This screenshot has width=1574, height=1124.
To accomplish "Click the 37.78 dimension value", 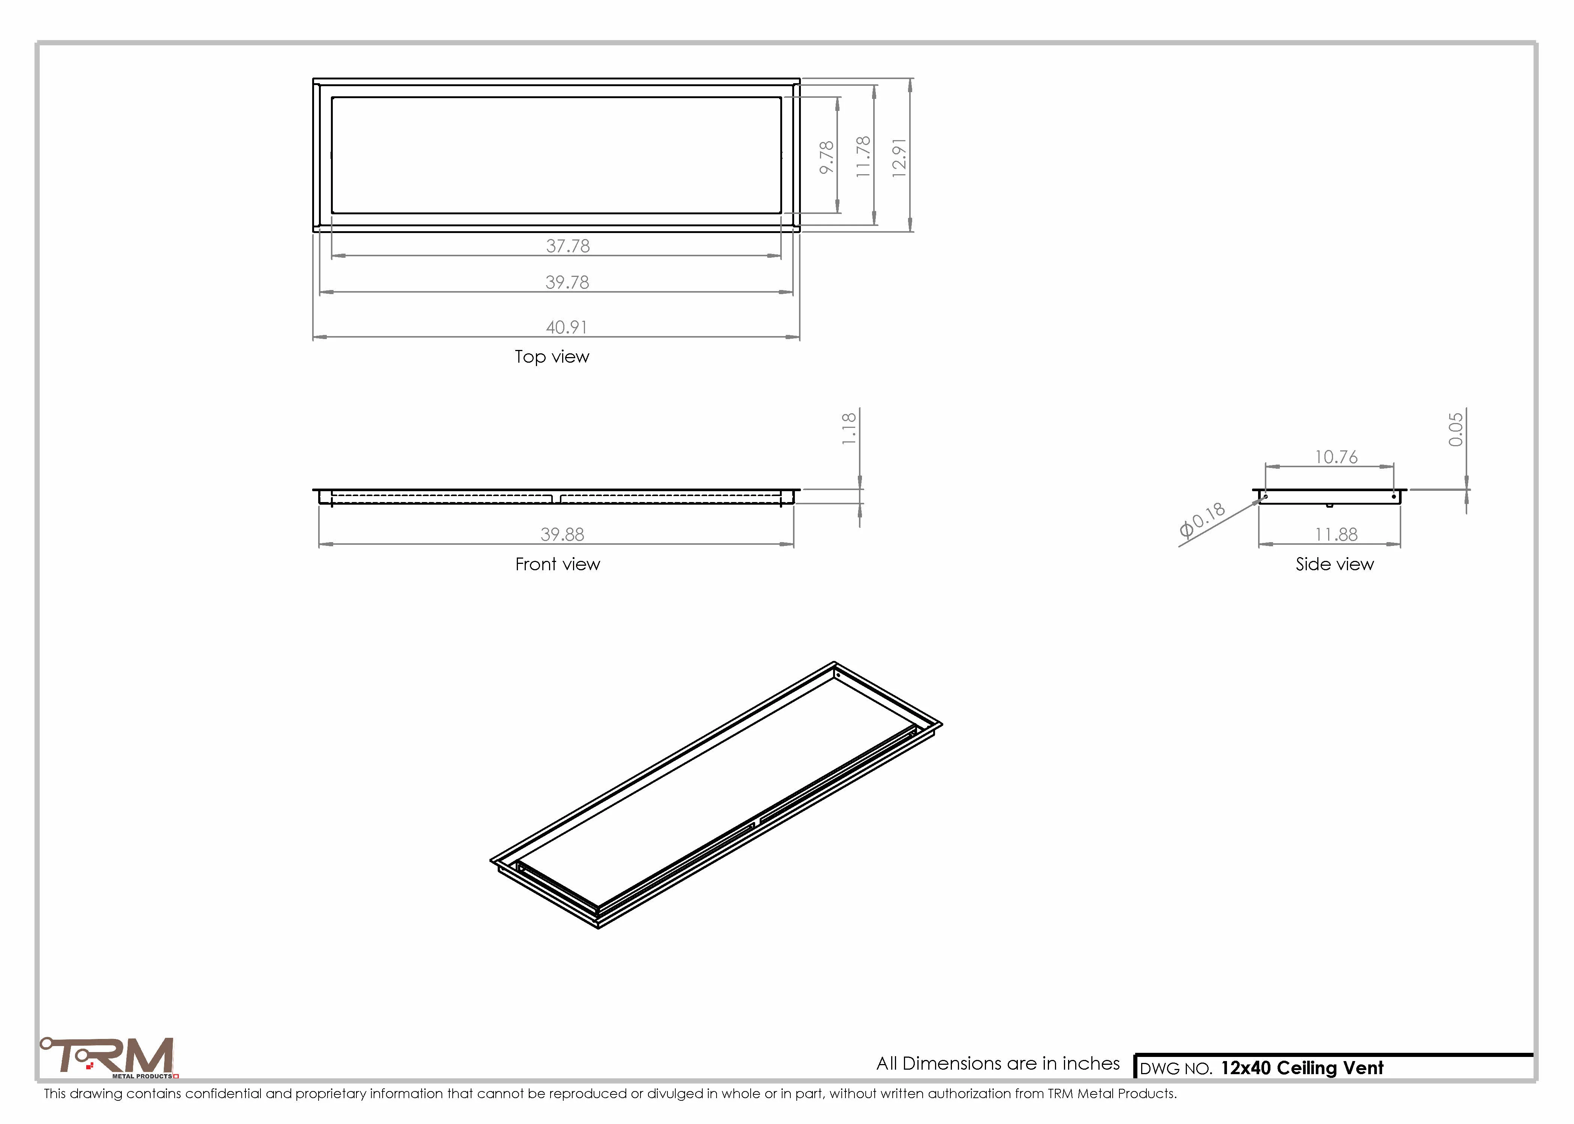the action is (568, 246).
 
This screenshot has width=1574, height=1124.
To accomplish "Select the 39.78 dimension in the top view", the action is (567, 282).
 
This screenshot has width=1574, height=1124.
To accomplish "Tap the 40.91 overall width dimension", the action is (566, 327).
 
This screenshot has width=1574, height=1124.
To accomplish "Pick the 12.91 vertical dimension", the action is (899, 158).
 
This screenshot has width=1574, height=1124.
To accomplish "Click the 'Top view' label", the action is (552, 356).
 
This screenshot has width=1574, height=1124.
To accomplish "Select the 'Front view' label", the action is (557, 564).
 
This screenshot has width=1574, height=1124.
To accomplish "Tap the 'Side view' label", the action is (1335, 564).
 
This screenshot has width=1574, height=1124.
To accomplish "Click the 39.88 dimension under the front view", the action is (562, 534).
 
